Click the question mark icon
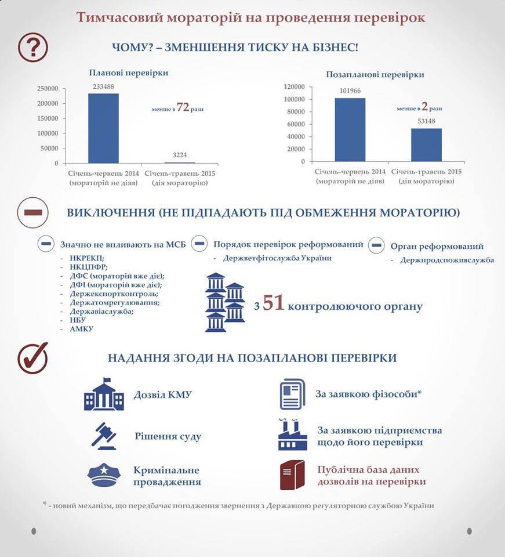34,46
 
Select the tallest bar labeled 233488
103,128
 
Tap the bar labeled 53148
426,144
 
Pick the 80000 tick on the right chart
296,111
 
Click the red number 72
183,108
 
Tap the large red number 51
273,304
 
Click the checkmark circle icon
33,357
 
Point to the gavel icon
104,436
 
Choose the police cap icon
104,475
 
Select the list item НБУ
77,319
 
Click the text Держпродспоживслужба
447,260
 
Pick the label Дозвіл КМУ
163,395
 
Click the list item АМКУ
80,329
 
